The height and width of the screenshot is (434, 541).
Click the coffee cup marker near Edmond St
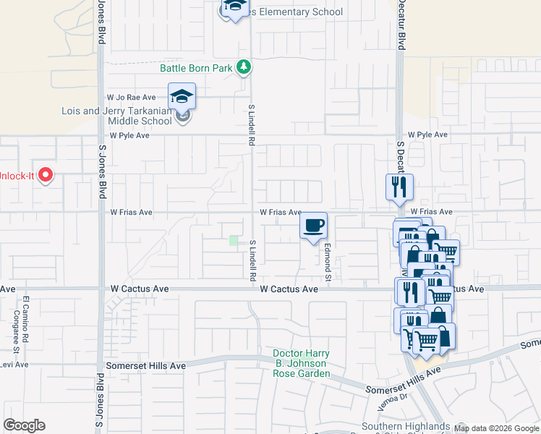[313, 226]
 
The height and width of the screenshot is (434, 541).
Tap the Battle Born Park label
[196, 68]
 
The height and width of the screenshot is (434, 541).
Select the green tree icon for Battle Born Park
[245, 67]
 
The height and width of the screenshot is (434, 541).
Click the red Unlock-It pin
[45, 175]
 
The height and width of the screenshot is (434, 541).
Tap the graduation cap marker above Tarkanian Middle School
[182, 96]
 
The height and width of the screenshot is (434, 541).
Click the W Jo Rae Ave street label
[131, 97]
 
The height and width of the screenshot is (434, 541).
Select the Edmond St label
[328, 263]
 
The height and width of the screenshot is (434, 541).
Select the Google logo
[24, 425]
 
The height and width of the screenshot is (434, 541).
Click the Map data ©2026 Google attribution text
[496, 428]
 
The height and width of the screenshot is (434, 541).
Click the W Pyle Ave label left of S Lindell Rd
[129, 135]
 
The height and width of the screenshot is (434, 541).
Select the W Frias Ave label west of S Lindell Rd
[131, 213]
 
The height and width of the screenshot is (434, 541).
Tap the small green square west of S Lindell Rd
[234, 240]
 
